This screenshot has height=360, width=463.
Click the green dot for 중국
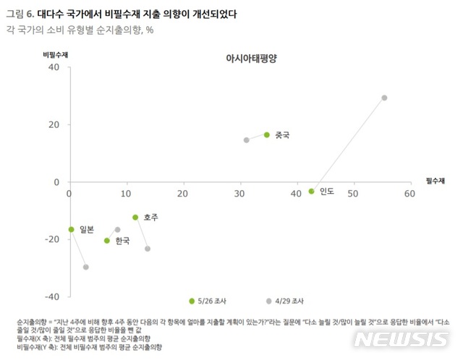pyautogui.click(x=267, y=135)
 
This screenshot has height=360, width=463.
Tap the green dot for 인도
pyautogui.click(x=312, y=191)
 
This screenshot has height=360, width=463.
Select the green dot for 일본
pyautogui.click(x=71, y=229)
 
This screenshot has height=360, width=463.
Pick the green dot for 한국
pyautogui.click(x=107, y=241)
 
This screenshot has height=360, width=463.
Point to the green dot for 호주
pyautogui.click(x=135, y=217)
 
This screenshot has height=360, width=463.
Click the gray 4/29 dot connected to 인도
pyautogui.click(x=384, y=98)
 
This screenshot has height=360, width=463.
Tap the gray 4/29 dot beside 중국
pyautogui.click(x=247, y=140)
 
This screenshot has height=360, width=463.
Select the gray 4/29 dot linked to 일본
pyautogui.click(x=86, y=267)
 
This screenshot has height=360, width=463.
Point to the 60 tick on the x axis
pyautogui.click(x=409, y=194)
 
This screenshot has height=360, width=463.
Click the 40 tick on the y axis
pyautogui.click(x=53, y=67)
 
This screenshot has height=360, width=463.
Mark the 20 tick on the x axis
pyautogui.click(x=183, y=194)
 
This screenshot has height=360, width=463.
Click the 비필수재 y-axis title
pyautogui.click(x=54, y=53)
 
